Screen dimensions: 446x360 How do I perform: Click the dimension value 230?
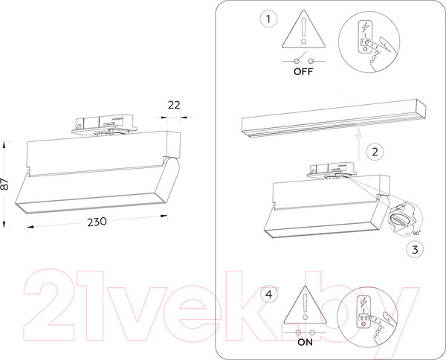97,222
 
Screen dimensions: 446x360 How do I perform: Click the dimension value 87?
4,184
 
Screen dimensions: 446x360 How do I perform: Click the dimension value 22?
174,105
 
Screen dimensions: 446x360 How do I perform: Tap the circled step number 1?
268,19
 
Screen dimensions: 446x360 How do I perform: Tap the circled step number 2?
375,152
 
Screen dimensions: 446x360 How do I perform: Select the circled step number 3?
415,250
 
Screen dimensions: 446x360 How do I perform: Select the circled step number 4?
269,294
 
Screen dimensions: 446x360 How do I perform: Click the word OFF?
303,71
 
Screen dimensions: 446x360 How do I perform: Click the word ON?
305,342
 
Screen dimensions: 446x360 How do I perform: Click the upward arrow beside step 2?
359,145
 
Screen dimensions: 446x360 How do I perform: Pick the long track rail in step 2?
334,118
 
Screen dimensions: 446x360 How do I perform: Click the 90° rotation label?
416,233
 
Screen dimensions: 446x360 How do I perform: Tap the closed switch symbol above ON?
306,332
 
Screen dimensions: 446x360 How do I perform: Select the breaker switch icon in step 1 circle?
365,37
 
